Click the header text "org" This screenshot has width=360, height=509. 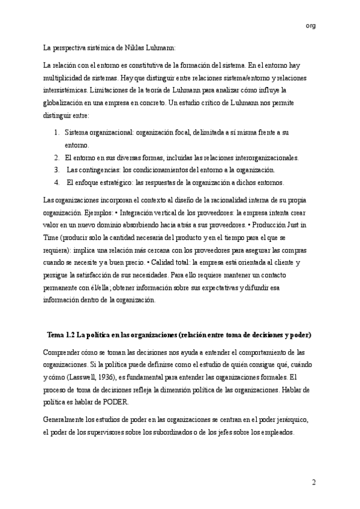[x=310, y=25]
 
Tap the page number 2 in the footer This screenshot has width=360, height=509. [x=313, y=483]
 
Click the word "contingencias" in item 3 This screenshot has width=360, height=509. [x=106, y=170]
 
